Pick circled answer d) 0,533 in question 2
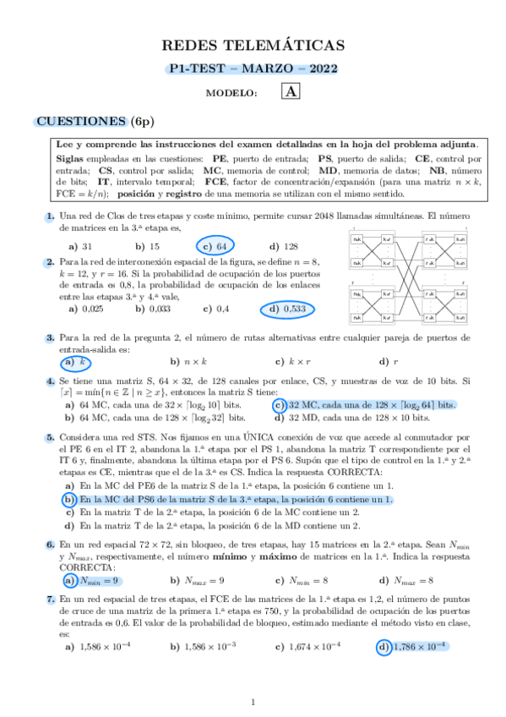coord(286,309)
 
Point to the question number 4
coord(51,380)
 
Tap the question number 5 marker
coord(51,438)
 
